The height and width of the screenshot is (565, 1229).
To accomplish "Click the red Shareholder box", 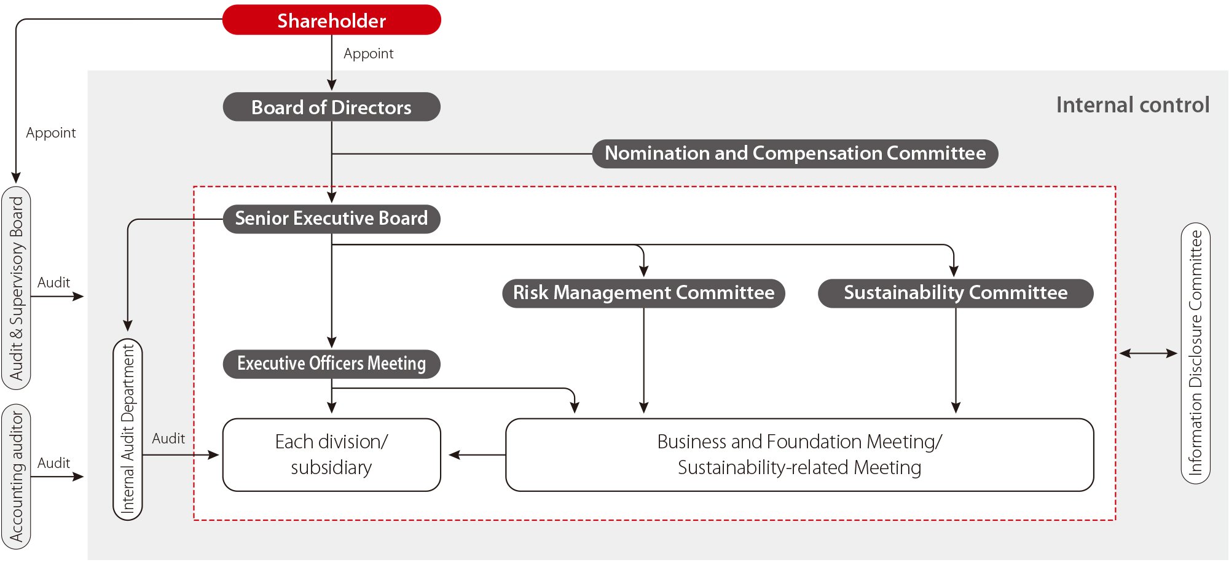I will click(x=331, y=20).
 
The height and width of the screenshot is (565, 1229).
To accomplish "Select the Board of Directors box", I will click(x=331, y=107).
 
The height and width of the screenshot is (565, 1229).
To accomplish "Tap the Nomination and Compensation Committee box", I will click(x=795, y=154).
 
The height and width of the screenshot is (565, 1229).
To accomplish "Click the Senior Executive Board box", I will click(x=331, y=219).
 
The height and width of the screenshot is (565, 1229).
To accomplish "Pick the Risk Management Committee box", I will click(x=643, y=293).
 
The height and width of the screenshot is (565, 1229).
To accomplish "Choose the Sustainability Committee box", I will click(x=955, y=293).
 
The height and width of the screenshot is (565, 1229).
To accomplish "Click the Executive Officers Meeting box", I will click(x=331, y=364).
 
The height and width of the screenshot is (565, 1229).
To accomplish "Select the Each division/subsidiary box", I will click(x=331, y=455).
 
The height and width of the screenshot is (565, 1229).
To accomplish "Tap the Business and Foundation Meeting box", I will click(x=799, y=455).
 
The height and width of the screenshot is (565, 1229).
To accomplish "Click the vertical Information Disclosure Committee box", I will click(x=1195, y=353).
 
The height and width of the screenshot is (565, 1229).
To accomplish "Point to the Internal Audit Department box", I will click(x=128, y=429).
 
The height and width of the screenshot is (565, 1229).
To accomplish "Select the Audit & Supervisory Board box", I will click(x=17, y=287).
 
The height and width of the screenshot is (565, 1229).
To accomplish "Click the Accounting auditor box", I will click(x=17, y=477).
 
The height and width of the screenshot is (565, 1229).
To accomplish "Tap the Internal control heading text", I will click(x=1133, y=105).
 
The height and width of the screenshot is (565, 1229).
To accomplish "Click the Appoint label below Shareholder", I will click(x=368, y=54).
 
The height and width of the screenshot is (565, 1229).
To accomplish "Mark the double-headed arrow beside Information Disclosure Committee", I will click(x=1148, y=353).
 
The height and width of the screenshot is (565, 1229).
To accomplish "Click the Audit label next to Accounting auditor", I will click(x=53, y=463).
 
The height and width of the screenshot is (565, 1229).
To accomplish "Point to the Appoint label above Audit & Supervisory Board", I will click(x=51, y=133).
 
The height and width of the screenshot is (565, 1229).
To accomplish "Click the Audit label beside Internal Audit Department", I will click(x=168, y=438).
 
